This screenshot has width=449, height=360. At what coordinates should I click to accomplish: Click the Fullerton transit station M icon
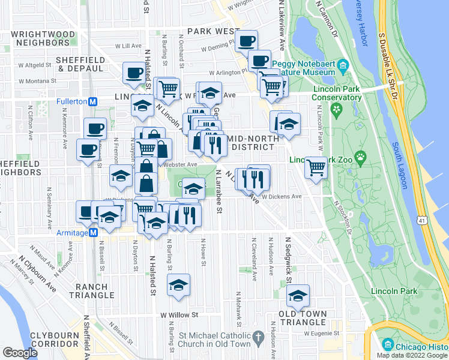(92, 101)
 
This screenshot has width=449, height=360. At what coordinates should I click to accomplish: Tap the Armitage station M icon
(92, 233)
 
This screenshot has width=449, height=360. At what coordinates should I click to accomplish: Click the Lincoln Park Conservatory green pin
(336, 110)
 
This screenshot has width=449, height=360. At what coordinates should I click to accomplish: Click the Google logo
(20, 352)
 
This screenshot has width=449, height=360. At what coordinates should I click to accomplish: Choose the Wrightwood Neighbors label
(37, 38)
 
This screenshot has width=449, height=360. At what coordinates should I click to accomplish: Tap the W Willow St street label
(179, 314)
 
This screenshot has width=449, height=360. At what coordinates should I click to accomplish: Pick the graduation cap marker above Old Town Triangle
(298, 295)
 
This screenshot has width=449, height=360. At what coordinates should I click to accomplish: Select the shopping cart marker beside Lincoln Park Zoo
(316, 167)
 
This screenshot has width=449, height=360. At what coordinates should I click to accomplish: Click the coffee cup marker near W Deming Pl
(246, 41)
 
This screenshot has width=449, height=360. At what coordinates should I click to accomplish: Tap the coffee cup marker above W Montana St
(134, 73)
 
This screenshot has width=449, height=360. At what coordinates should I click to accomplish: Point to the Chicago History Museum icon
(387, 346)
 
